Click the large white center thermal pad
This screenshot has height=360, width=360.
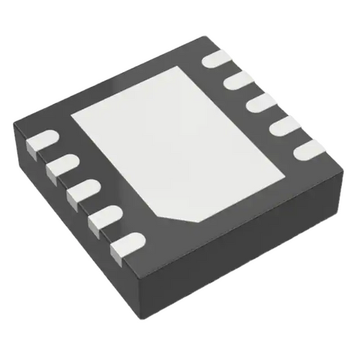[x=180, y=140]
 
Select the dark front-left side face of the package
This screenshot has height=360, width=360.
[x=72, y=230]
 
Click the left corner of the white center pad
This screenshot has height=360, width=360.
[x=72, y=114]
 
